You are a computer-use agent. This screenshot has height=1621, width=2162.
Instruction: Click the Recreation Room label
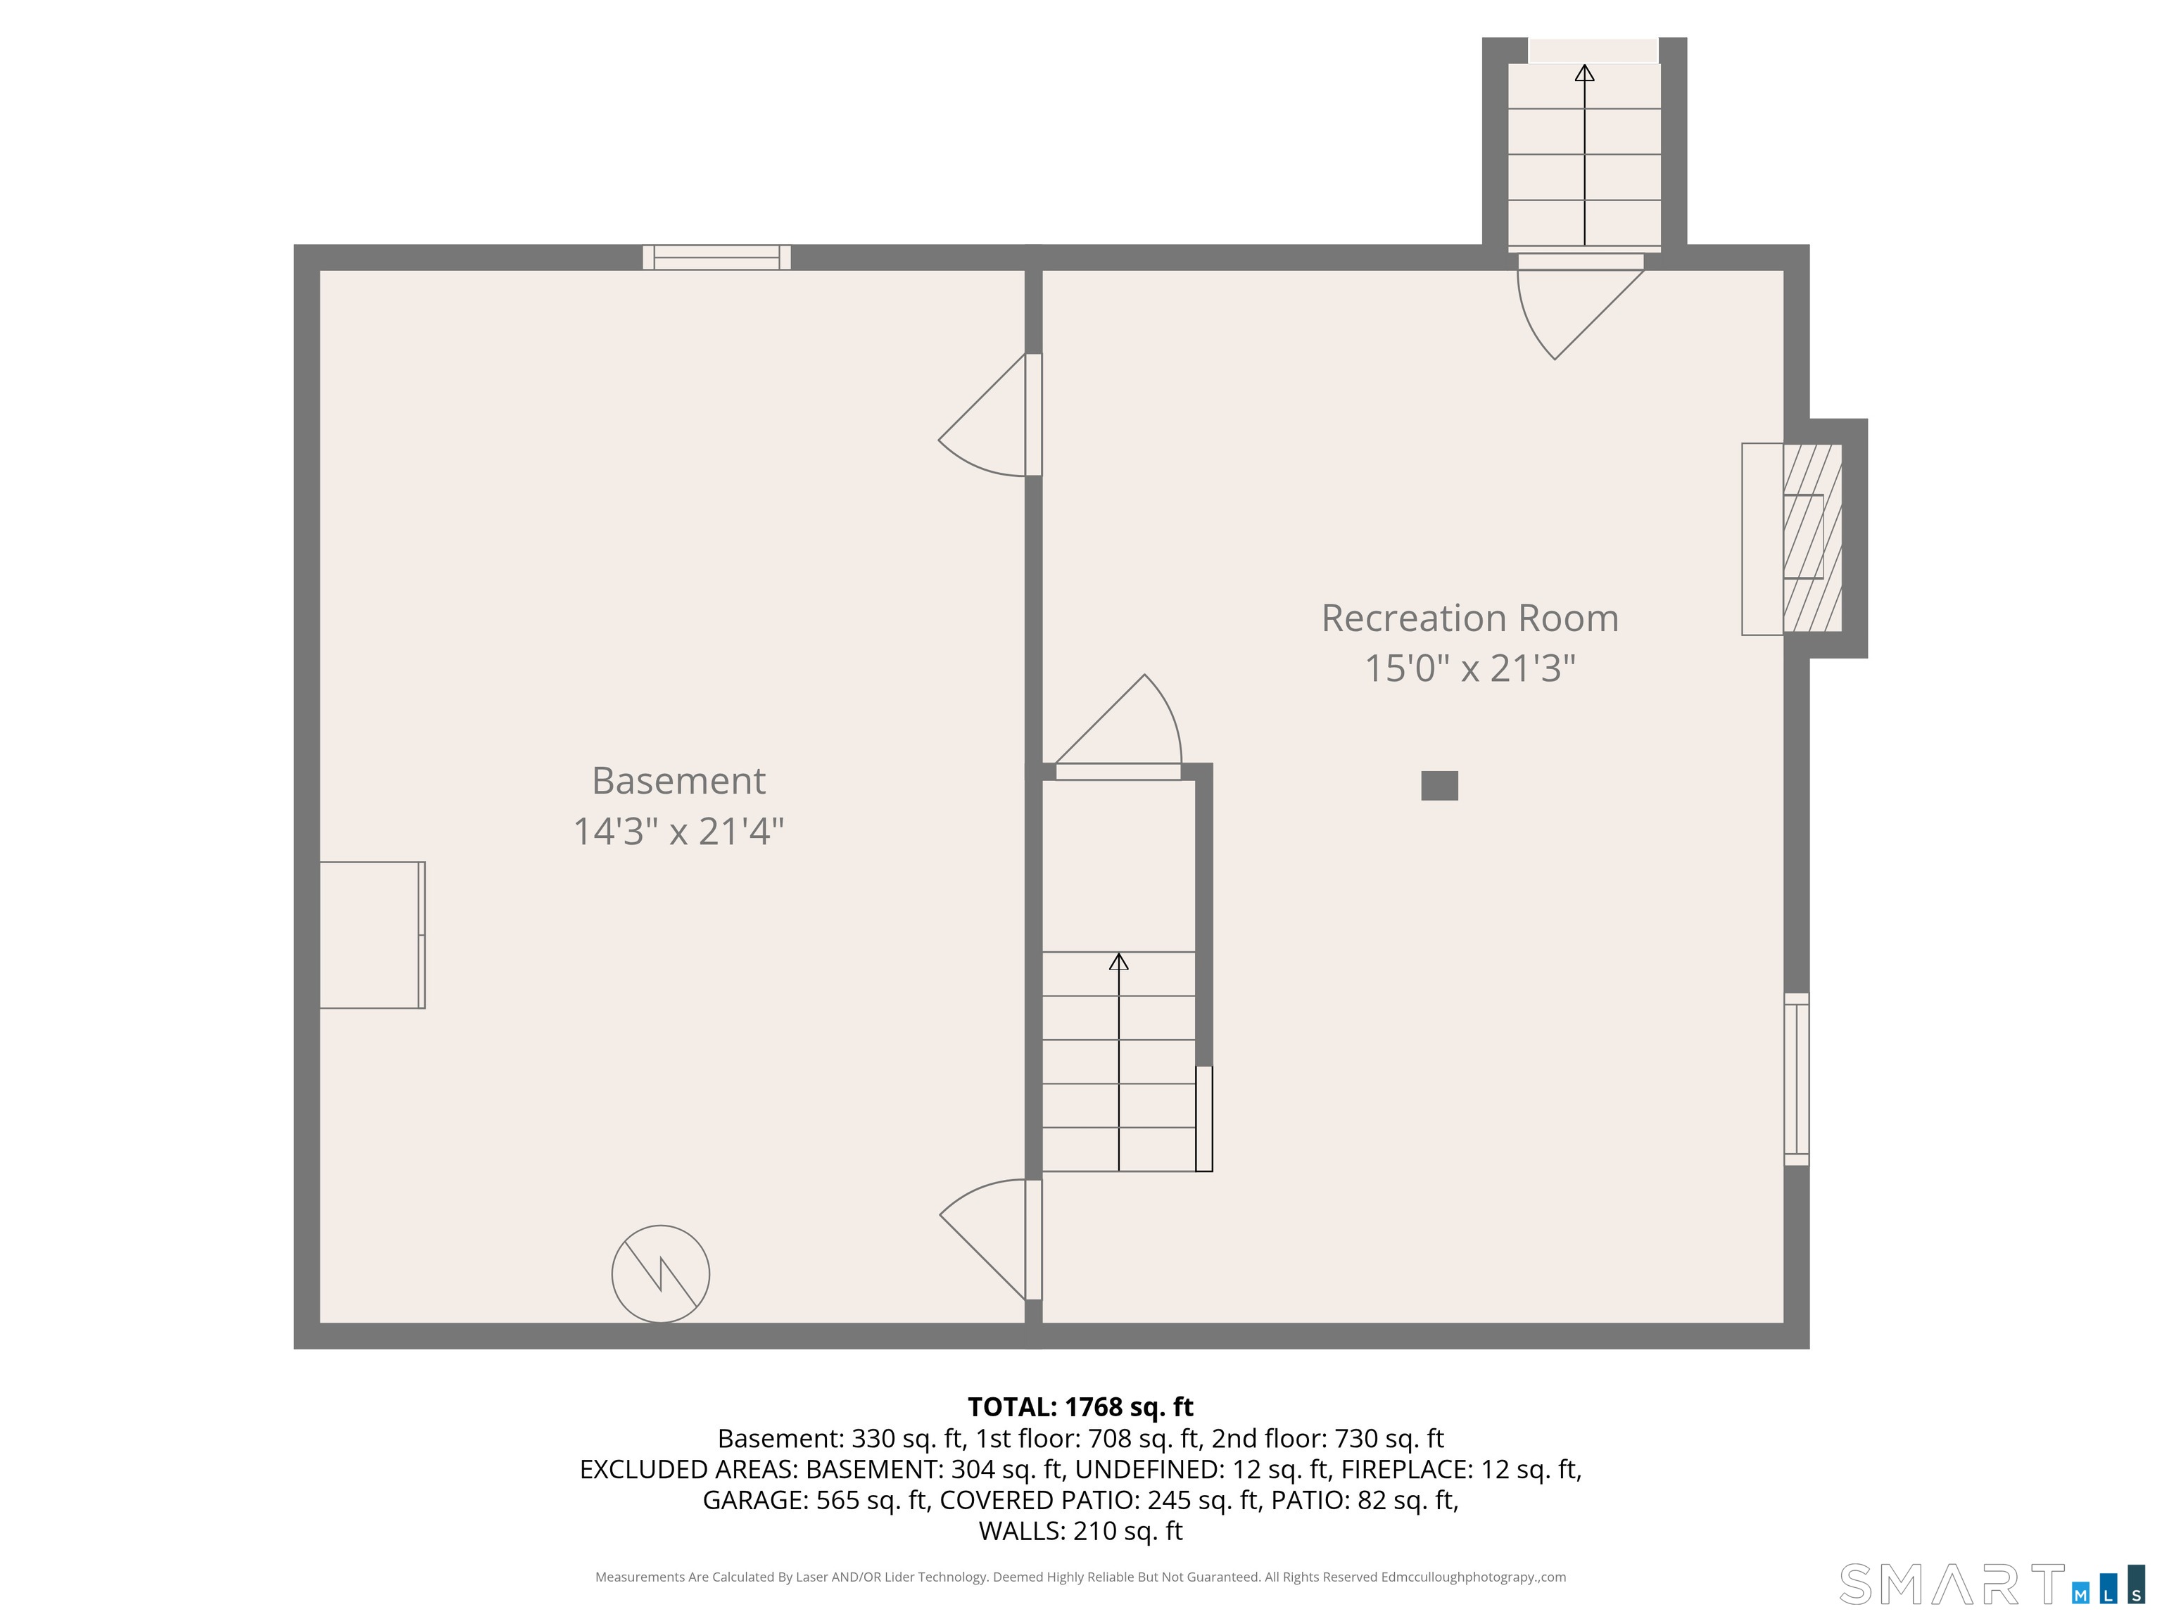click(1469, 618)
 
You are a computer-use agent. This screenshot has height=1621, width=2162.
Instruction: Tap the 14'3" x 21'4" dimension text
click(678, 832)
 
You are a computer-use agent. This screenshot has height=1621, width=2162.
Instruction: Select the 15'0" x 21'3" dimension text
click(1469, 669)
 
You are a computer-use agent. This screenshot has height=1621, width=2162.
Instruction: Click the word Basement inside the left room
click(678, 781)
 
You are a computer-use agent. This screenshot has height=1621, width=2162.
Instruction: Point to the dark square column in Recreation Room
click(1439, 786)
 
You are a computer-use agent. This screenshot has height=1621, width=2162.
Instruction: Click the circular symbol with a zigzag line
click(661, 1274)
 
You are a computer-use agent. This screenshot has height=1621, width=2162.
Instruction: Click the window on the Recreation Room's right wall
click(1797, 1080)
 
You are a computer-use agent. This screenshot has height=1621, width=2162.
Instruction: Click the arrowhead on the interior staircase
click(1119, 962)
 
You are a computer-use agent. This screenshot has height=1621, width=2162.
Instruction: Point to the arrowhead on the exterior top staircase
click(1584, 73)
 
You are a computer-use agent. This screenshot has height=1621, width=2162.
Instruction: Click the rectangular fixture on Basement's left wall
click(372, 935)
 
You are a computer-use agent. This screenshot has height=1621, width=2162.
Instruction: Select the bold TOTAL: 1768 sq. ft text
click(1080, 1407)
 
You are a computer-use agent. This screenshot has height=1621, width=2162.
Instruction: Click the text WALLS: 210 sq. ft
click(1080, 1531)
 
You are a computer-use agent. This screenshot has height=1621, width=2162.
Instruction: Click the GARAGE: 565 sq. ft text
click(814, 1500)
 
